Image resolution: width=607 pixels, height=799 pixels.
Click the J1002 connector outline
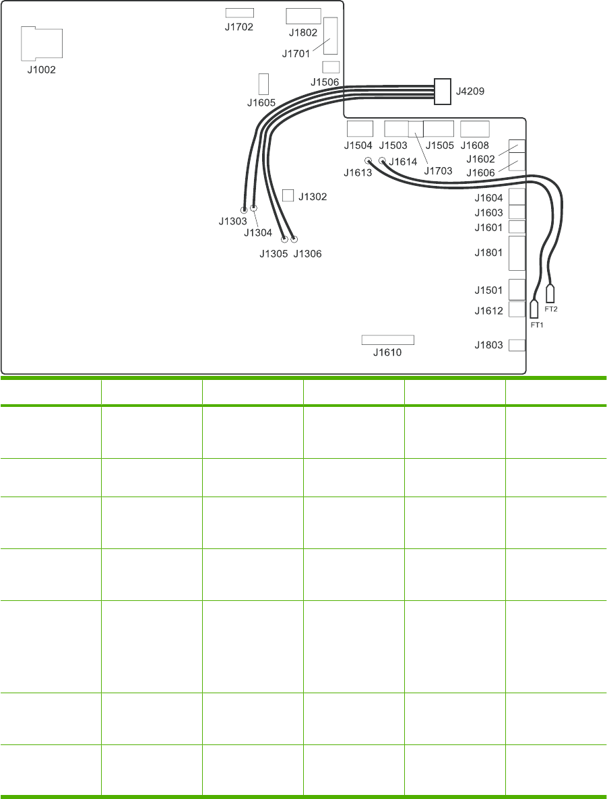coord(42,44)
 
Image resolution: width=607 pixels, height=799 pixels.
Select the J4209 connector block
coord(442,91)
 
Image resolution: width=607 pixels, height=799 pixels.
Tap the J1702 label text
coord(239,28)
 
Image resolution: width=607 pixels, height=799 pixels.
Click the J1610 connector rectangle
coord(387,339)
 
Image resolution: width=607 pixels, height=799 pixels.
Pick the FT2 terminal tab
coord(550,294)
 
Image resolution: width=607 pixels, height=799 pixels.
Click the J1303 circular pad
coord(245,210)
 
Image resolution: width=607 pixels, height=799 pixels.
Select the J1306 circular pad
coord(294,239)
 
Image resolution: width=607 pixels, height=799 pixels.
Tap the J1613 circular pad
coord(369,161)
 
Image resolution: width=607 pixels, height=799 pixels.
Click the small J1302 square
coord(288,195)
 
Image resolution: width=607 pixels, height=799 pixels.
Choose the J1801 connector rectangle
coord(517,253)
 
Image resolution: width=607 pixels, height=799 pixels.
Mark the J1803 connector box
coord(517,345)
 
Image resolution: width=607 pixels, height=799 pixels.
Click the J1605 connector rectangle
coord(263,84)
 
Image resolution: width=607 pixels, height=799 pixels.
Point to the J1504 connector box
coord(360,129)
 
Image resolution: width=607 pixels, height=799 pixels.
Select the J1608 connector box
coord(475,129)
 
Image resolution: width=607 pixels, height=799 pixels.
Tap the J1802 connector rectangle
coord(303,17)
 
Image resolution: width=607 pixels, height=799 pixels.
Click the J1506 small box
coord(331,67)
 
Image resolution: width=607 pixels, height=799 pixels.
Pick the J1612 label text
coord(488,311)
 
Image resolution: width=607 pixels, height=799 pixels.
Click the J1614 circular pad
coord(382,161)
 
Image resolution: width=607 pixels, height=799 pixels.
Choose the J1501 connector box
coord(517,289)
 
